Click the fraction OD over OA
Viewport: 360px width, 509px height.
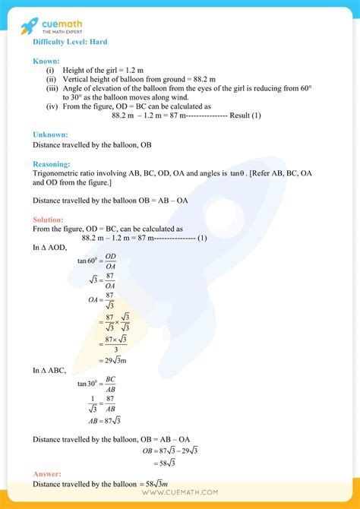(111, 261)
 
